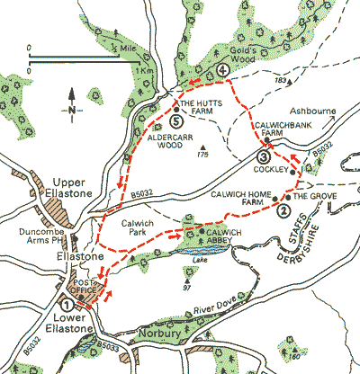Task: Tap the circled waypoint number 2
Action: coord(284,211)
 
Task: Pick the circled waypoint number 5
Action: coord(176,121)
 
